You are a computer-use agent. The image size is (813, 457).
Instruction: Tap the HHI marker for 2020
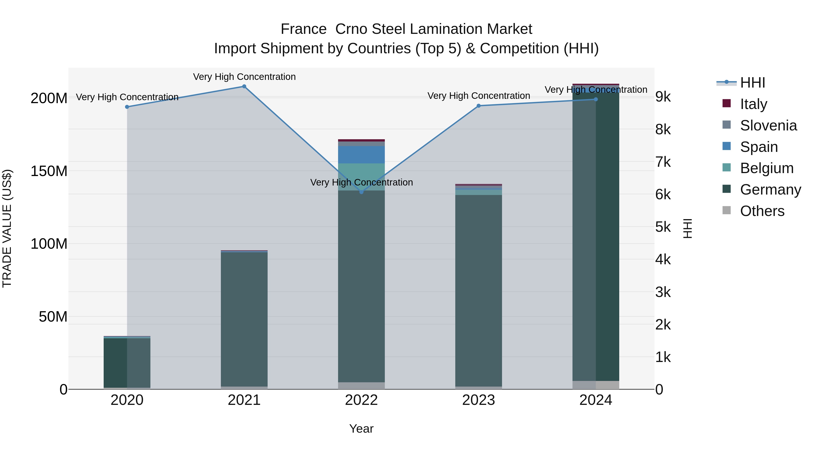click(127, 107)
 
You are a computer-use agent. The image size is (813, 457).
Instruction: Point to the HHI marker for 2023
click(479, 106)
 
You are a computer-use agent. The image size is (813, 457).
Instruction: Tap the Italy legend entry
click(753, 104)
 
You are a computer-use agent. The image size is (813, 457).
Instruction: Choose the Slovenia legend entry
click(768, 125)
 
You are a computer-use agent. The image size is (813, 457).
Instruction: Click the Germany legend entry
click(770, 190)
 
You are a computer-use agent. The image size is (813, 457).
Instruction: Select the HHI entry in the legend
click(752, 83)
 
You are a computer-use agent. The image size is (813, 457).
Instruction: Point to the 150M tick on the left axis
click(49, 171)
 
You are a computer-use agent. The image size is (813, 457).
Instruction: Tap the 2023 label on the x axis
click(479, 400)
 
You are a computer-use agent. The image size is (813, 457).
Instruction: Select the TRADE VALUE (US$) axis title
click(7, 228)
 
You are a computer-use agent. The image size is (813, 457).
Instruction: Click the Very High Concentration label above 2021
click(244, 77)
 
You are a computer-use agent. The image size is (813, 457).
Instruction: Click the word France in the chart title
click(303, 29)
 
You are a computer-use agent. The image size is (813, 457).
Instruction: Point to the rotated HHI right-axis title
click(688, 228)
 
